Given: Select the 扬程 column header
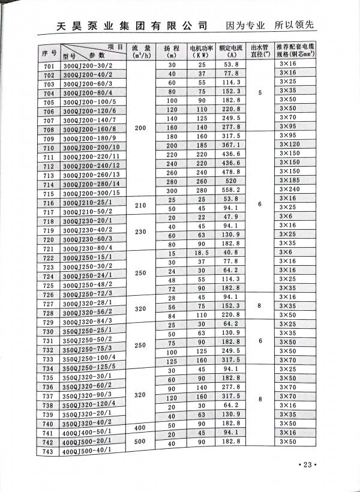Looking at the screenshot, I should click(172, 50).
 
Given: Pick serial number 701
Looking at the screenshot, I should click(50, 65).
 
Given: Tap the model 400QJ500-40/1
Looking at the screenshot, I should click(90, 451).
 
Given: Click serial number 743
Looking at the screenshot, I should click(50, 451).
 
